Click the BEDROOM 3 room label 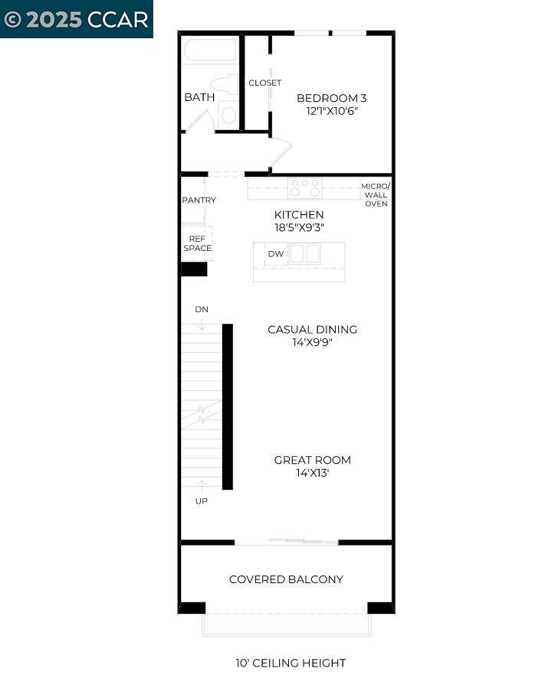tap(331, 98)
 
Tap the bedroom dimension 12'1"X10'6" tap(331, 111)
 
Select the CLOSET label tap(264, 83)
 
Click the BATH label tap(199, 97)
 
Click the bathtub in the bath tap(210, 51)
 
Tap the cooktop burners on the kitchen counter tap(304, 187)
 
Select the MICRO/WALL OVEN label tap(376, 194)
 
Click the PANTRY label tap(199, 201)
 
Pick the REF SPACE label tap(197, 243)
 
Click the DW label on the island tap(275, 254)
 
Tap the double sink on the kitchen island tap(304, 254)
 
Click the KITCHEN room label tap(299, 215)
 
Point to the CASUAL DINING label tap(312, 330)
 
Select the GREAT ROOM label tap(313, 460)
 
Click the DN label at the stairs tap(202, 309)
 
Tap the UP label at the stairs tap(202, 501)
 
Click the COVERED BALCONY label tap(286, 579)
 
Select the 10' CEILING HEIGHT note tap(291, 664)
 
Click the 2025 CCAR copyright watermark tap(76, 19)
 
